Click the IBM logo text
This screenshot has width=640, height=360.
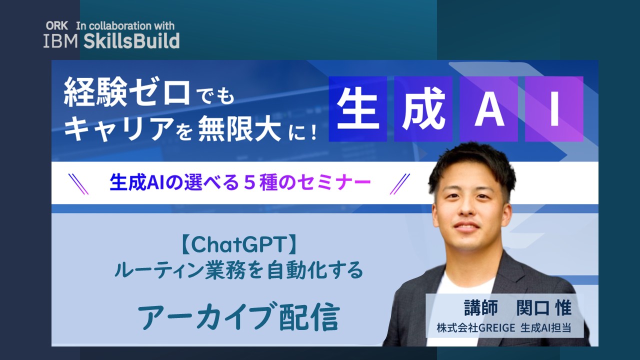pos(60,41)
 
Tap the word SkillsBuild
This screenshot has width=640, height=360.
pos(131,41)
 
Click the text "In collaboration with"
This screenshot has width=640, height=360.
pos(125,25)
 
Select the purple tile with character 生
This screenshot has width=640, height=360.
pos(357,109)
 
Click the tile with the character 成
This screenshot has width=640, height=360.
pos(423,109)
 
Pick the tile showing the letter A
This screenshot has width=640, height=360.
pos(489,109)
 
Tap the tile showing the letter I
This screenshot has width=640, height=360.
pos(554,109)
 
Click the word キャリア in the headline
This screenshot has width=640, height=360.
pos(119,129)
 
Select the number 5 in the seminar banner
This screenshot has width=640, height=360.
pos(249,182)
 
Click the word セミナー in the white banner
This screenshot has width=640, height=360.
pos(334,182)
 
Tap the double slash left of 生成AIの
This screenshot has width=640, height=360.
pos(78,184)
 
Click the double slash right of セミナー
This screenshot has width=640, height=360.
pos(400,184)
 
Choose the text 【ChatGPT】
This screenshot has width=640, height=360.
pos(238,244)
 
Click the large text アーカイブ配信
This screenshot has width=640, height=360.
pos(239,315)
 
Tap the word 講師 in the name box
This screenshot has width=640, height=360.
pos(481,307)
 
